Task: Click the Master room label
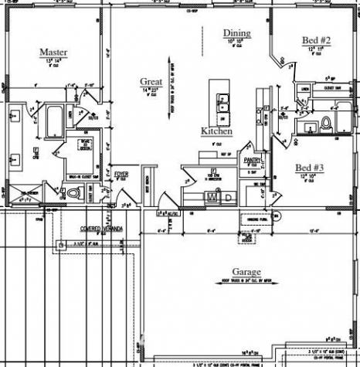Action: pyautogui.click(x=53, y=53)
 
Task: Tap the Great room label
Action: pyautogui.click(x=151, y=81)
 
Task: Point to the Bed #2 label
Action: pyautogui.click(x=316, y=40)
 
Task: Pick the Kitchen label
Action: pyautogui.click(x=216, y=131)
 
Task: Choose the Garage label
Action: pyautogui.click(x=246, y=272)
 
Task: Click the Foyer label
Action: pyautogui.click(x=121, y=175)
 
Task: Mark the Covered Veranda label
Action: pyautogui.click(x=104, y=229)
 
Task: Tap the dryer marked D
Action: pyautogui.click(x=228, y=198)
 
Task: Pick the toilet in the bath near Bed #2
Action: pyautogui.click(x=325, y=124)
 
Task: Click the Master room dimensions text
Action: pyautogui.click(x=53, y=60)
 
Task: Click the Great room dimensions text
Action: pyautogui.click(x=151, y=89)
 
